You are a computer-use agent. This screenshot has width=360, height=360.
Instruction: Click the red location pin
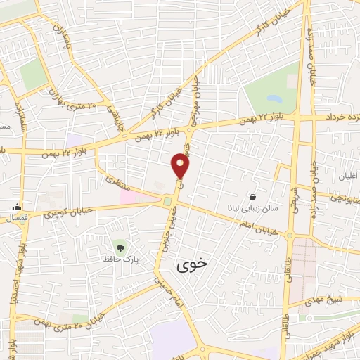coord(181,167)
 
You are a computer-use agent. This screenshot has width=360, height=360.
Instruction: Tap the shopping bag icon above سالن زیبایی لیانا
coord(253,196)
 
